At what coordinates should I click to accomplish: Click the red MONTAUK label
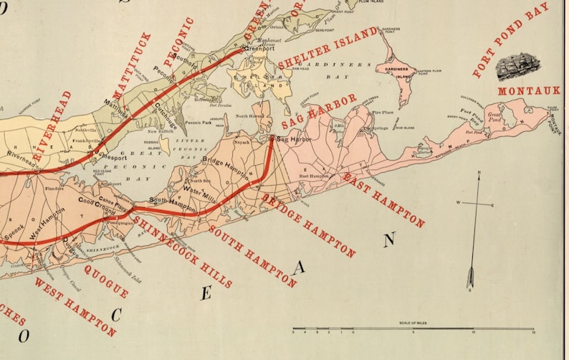click(528, 91)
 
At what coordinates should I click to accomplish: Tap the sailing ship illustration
click(519, 67)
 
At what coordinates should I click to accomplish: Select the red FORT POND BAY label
click(510, 39)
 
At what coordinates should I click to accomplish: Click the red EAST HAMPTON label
click(383, 199)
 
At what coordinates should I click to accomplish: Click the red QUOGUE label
click(106, 280)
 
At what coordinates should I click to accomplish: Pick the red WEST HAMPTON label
click(75, 307)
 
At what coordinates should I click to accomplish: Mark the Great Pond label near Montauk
click(495, 114)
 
